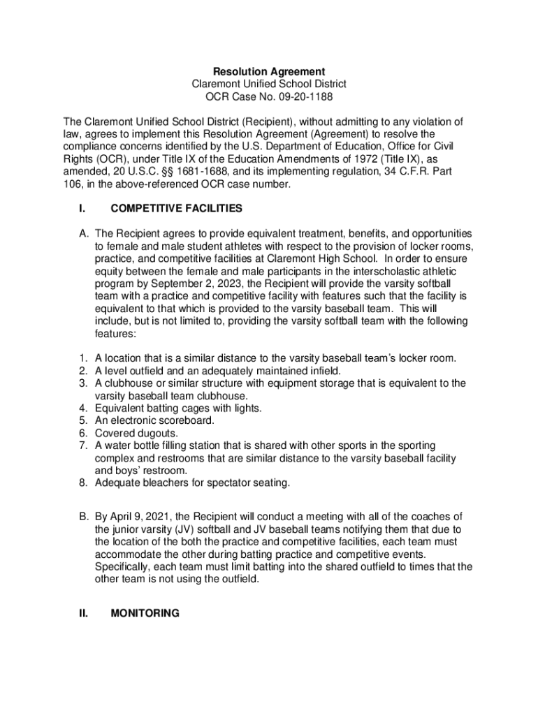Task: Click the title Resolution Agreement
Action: point(269,71)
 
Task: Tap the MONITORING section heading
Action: point(145,613)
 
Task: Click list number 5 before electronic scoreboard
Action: point(81,420)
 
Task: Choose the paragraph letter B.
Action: point(82,516)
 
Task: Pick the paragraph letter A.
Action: point(82,233)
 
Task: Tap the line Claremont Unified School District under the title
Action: point(269,84)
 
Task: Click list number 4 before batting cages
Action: point(81,408)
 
